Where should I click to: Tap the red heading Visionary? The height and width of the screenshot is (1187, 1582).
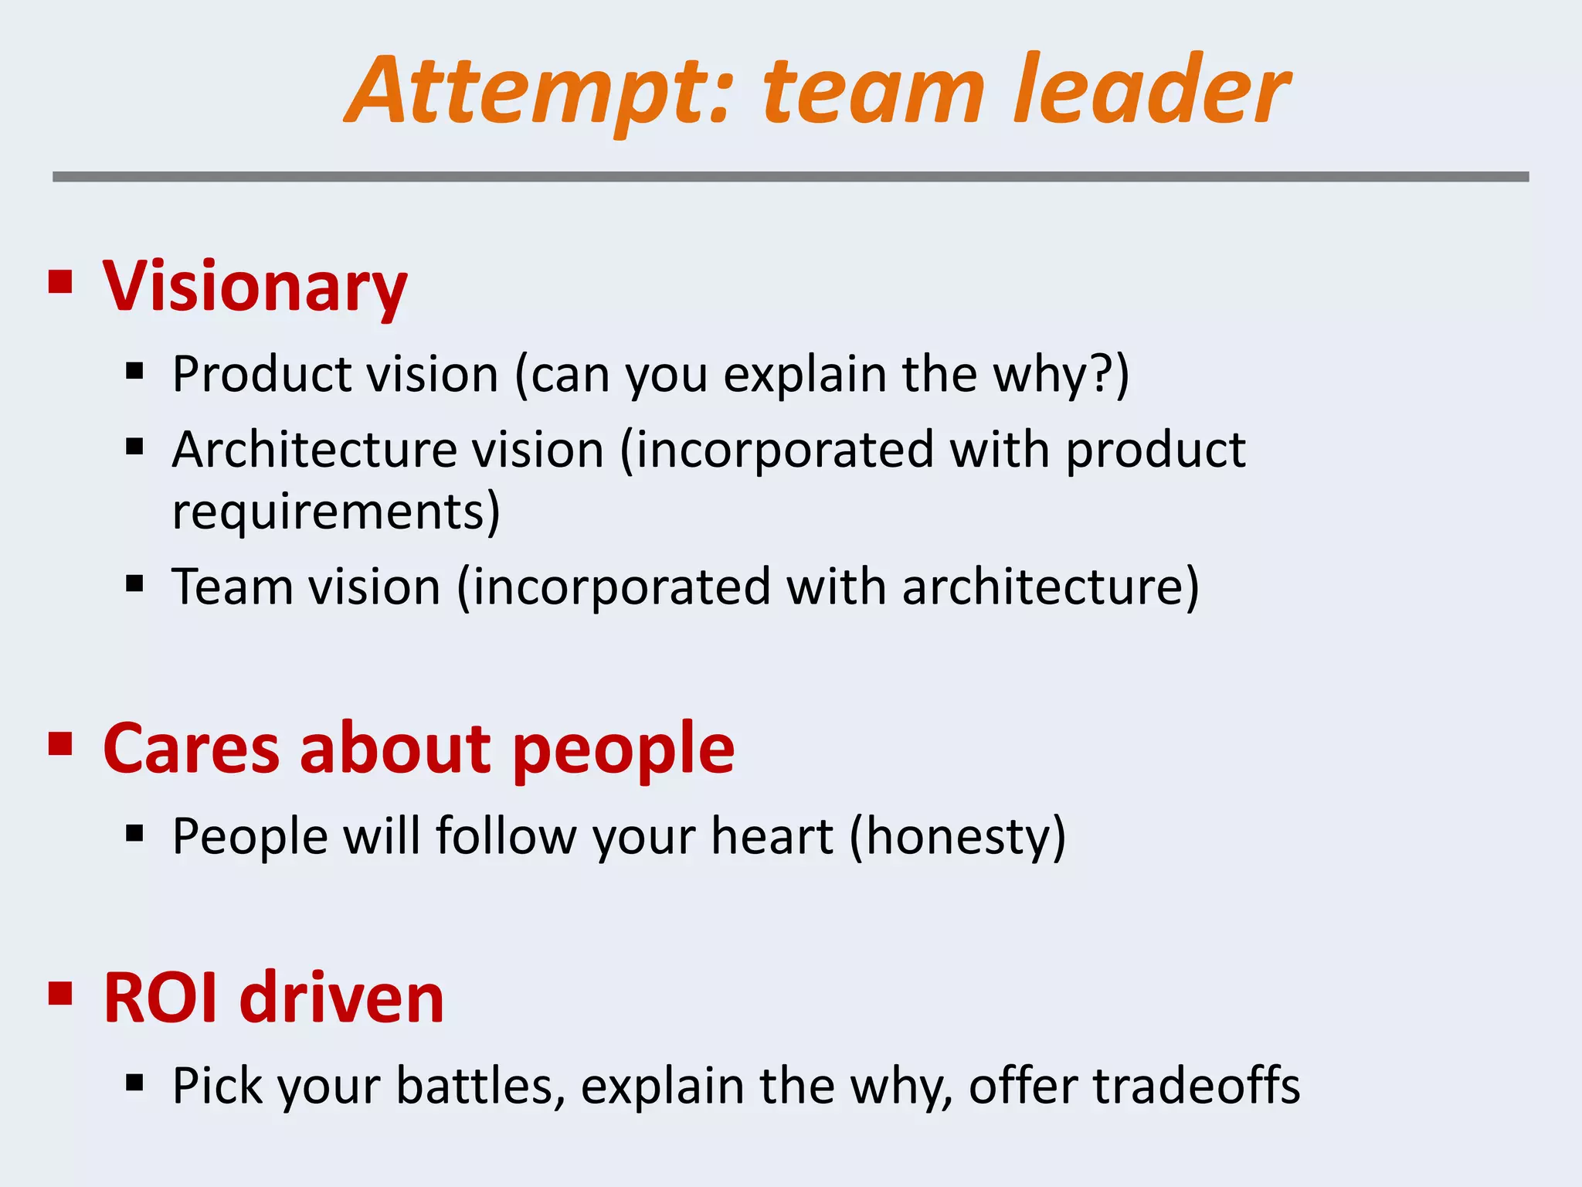coord(255,286)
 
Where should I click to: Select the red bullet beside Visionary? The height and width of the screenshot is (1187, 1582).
coord(60,282)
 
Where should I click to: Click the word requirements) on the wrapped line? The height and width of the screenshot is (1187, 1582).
coord(336,512)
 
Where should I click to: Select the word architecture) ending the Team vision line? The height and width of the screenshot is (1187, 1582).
coord(1051,587)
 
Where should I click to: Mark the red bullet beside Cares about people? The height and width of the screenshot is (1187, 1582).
coord(60,744)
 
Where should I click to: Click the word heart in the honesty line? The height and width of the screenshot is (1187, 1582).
coord(772,836)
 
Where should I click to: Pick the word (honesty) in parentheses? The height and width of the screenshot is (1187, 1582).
coord(958,838)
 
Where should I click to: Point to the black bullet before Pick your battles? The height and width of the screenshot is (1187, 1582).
coord(135,1083)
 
